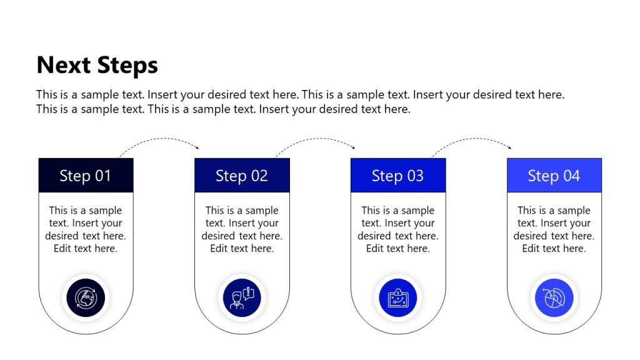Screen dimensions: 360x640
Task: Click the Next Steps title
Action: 97,65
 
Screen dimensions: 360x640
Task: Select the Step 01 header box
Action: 86,176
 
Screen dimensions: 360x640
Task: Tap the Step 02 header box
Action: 242,176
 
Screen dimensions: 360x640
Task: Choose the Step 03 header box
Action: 398,176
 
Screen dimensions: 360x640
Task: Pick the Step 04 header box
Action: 554,176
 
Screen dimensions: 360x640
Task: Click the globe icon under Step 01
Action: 86,297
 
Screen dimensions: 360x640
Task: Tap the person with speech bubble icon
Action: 242,297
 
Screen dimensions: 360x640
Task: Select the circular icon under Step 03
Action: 398,297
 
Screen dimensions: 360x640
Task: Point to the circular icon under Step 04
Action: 554,297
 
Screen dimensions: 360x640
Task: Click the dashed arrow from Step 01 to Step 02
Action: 159,140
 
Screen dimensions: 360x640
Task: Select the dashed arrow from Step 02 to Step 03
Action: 316,140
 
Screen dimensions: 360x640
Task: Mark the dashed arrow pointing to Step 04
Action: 472,140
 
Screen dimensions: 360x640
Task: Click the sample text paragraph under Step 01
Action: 86,229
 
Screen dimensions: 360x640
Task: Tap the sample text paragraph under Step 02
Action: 242,229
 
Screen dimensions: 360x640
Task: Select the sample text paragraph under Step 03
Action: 398,229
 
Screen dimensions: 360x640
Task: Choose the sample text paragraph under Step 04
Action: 554,229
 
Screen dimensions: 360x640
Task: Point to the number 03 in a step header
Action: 414,176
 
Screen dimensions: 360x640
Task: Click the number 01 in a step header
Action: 102,176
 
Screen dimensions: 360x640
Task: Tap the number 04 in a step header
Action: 571,176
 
